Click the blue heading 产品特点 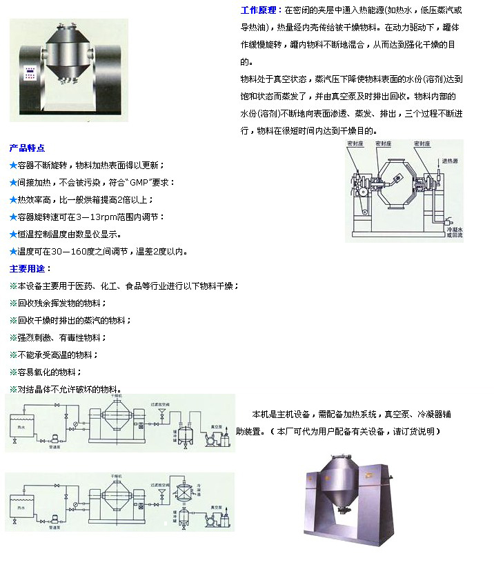click(28, 148)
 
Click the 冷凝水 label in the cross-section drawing click(453, 229)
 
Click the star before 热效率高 click(13, 200)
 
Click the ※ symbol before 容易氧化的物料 click(13, 372)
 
